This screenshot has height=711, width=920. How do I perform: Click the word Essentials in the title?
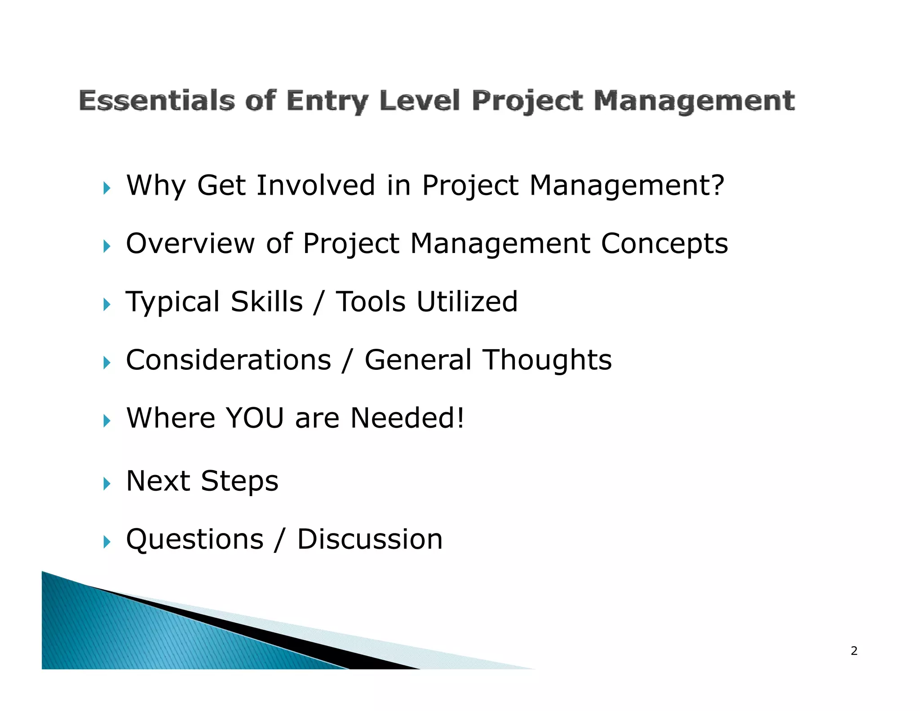(157, 100)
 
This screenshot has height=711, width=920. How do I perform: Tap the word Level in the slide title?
(420, 100)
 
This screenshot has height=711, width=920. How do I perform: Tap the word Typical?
(172, 302)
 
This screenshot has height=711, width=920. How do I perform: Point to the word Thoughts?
(547, 360)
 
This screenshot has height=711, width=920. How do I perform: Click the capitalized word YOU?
(255, 418)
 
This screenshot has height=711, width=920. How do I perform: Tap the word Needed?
(407, 418)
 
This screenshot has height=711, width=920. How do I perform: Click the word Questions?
(195, 539)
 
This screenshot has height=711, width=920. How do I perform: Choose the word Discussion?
(370, 539)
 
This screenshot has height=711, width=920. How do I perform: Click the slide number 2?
(854, 651)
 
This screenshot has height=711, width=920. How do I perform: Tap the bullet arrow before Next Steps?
(106, 484)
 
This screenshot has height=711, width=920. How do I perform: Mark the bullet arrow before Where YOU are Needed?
(106, 421)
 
